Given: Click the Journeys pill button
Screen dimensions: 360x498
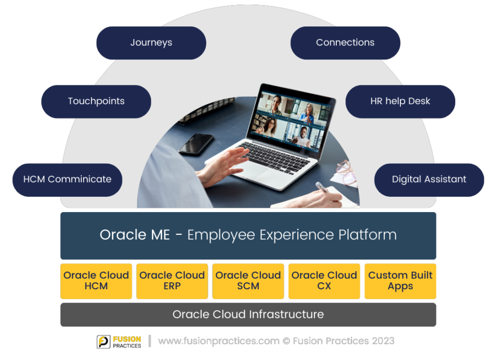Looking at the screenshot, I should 151,43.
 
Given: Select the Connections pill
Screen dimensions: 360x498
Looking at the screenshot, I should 345,43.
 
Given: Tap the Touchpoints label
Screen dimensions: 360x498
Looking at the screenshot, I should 96,101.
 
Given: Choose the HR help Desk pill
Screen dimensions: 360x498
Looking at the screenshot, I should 400,101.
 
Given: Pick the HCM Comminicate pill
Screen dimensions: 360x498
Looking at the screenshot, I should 67,179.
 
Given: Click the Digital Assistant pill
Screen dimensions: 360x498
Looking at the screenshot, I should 429,179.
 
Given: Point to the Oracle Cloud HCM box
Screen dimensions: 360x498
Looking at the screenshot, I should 96,281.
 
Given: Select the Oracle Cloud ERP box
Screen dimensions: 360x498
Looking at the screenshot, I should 172,281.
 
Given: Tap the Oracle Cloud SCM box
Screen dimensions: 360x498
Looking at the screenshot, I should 248,281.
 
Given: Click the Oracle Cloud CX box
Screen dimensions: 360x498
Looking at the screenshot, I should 324,281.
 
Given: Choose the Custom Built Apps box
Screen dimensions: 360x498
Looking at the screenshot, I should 400,281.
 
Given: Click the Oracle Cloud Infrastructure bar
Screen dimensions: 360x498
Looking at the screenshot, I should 248,314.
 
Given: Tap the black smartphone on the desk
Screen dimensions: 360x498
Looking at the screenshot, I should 196,143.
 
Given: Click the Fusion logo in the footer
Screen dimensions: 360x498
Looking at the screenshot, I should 119,340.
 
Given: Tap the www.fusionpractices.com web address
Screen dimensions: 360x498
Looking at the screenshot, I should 219,341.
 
